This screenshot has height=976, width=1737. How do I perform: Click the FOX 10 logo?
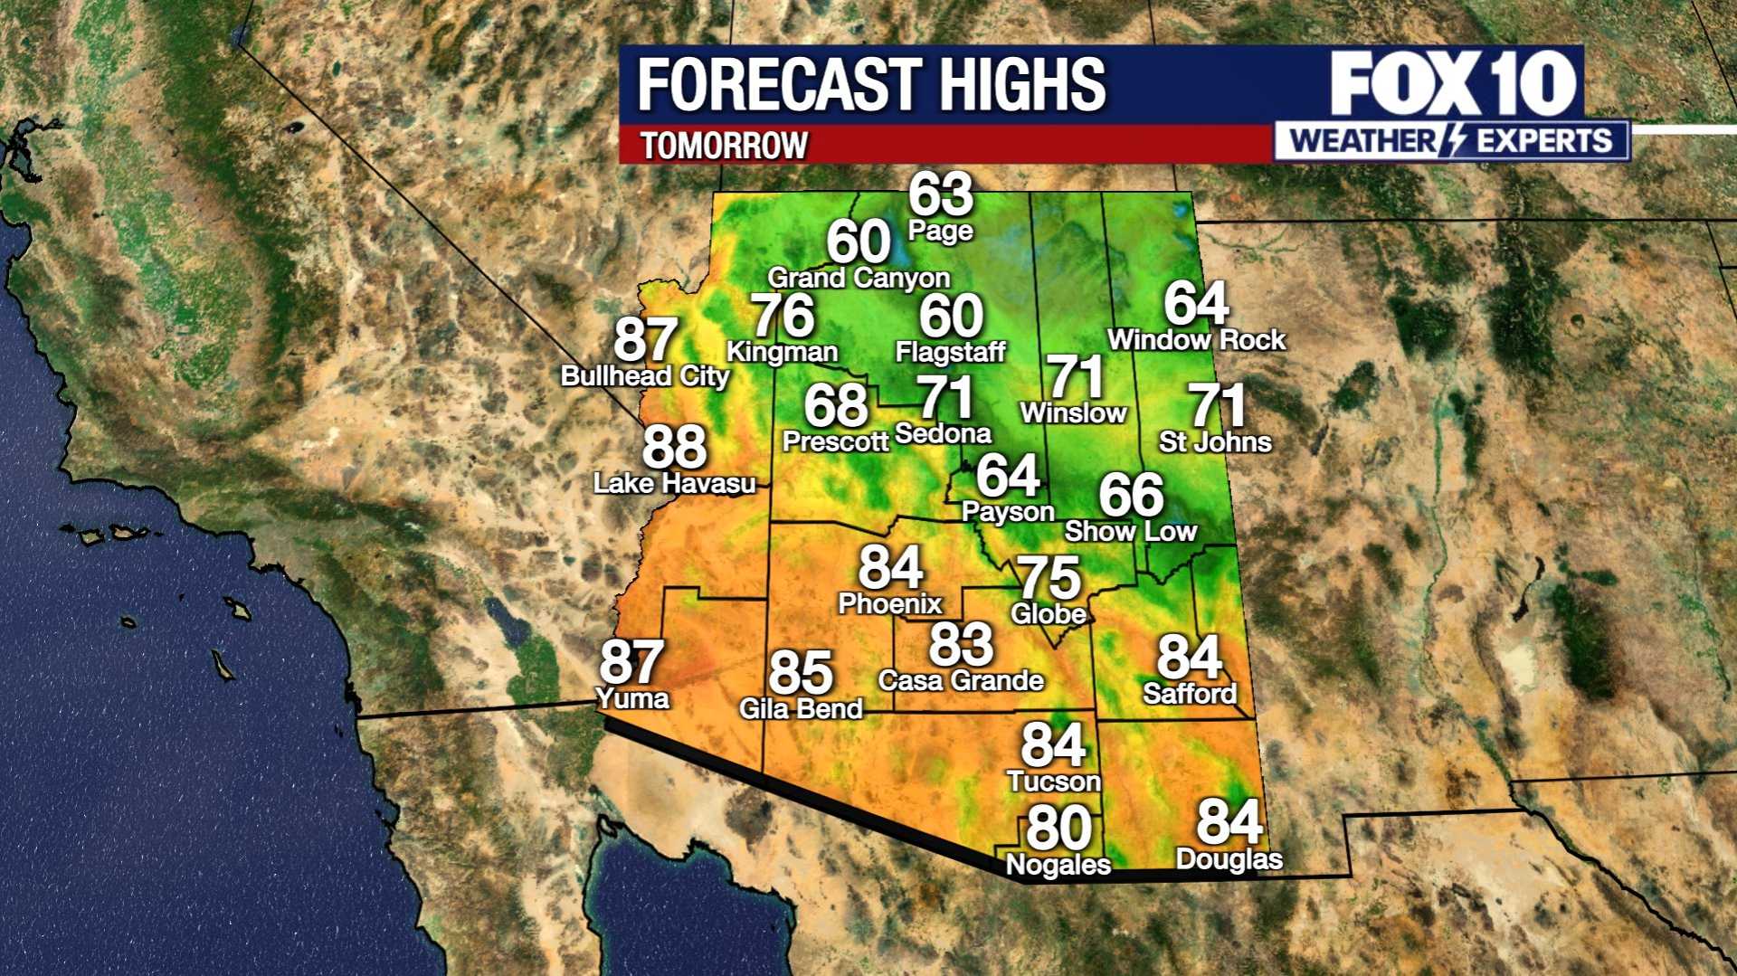click(1452, 83)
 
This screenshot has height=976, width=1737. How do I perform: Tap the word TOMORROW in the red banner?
click(724, 146)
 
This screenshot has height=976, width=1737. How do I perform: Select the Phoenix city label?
click(890, 603)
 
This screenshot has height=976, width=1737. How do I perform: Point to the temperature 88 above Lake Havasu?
click(674, 447)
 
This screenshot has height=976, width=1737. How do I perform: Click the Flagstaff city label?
click(950, 351)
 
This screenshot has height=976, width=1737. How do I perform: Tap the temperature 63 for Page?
click(941, 194)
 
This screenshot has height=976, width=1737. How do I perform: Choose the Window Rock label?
click(1196, 340)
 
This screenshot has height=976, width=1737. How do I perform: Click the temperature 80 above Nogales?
click(1058, 828)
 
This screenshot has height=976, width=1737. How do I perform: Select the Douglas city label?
click(1229, 858)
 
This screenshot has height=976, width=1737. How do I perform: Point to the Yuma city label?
click(632, 698)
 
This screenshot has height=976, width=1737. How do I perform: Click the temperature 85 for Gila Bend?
click(801, 673)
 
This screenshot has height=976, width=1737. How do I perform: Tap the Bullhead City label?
click(644, 376)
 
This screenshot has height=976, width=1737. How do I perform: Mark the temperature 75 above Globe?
click(1049, 577)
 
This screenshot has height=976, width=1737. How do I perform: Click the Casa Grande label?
click(961, 680)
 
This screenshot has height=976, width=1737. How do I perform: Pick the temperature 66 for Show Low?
click(1131, 495)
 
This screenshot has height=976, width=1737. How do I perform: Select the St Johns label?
click(1215, 441)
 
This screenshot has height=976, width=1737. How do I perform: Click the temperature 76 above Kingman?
click(783, 316)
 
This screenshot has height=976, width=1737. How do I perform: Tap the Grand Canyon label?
click(859, 278)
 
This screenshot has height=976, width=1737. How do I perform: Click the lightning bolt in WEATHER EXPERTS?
click(1456, 141)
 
